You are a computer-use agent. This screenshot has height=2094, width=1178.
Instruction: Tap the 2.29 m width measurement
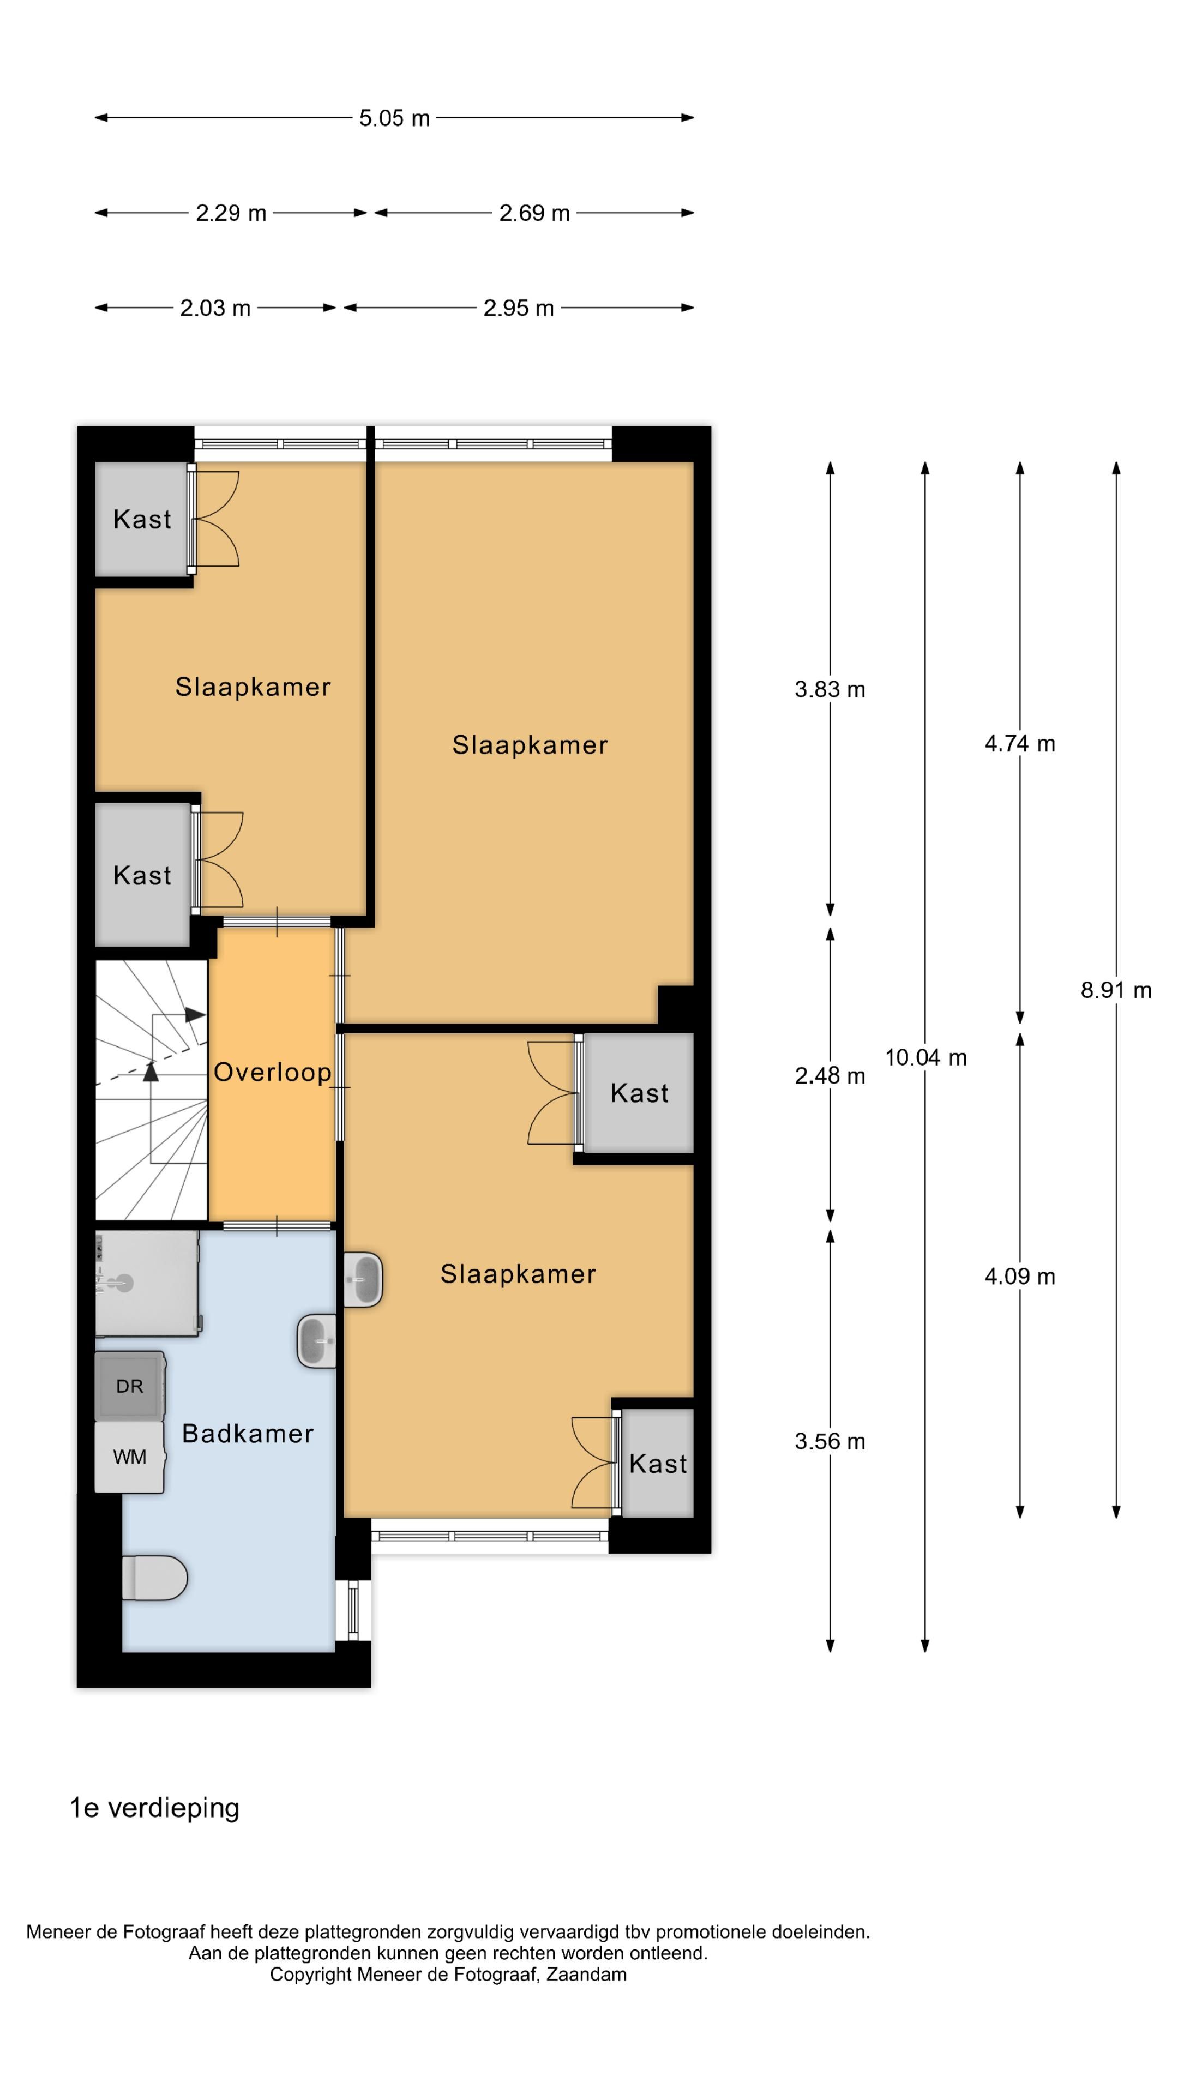(231, 214)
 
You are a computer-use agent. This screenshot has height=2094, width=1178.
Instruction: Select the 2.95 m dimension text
(518, 309)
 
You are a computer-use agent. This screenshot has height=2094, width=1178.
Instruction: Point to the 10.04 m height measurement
(925, 1057)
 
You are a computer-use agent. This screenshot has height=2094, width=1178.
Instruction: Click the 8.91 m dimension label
(1115, 990)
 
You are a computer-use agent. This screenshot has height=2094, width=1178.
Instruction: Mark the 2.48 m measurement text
(829, 1076)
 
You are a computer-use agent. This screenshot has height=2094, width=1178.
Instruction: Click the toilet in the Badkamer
(154, 1578)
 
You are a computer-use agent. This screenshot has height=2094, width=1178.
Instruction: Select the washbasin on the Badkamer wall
(317, 1340)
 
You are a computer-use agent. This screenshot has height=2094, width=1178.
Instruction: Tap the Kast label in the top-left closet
(142, 520)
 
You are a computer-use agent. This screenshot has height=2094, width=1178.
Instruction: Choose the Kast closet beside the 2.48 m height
(639, 1093)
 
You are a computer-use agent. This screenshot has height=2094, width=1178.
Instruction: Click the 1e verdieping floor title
(154, 1808)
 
